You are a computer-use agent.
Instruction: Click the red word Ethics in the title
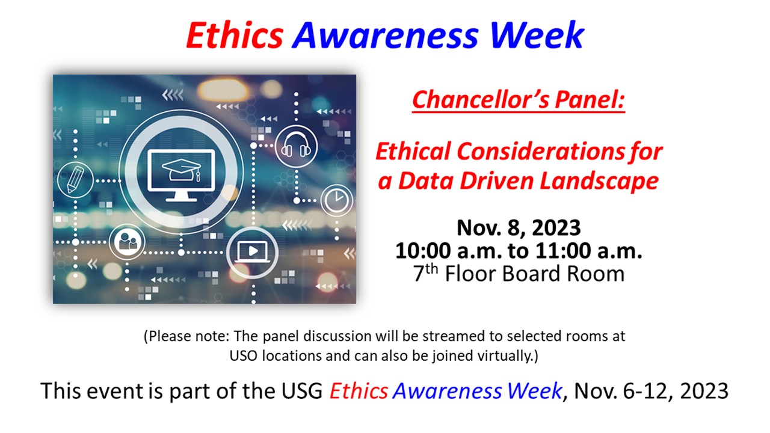(x=235, y=35)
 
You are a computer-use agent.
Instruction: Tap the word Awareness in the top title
(x=385, y=35)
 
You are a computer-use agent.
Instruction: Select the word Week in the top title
(x=537, y=35)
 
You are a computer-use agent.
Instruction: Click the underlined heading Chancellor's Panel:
(x=519, y=100)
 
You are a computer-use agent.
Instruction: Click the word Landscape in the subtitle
(x=599, y=181)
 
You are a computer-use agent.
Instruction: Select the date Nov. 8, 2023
(x=519, y=227)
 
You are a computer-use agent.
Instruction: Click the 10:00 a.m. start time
(x=449, y=251)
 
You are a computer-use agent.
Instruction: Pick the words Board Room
(x=563, y=274)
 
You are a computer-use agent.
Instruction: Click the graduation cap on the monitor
(x=182, y=170)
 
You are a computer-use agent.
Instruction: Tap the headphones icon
(x=295, y=146)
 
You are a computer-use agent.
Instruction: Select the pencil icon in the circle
(x=75, y=180)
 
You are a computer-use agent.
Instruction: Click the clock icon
(x=336, y=200)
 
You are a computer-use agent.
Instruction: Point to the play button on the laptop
(x=253, y=251)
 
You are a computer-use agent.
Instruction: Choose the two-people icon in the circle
(x=128, y=242)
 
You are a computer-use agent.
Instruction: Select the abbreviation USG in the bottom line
(x=302, y=391)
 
